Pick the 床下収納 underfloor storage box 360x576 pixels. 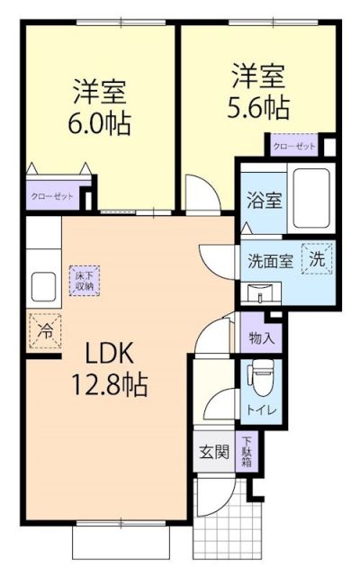pos(85,280)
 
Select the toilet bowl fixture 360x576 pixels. pos(260,375)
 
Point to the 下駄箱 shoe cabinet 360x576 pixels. pos(246,451)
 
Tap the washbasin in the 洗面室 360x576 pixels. pos(262,292)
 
